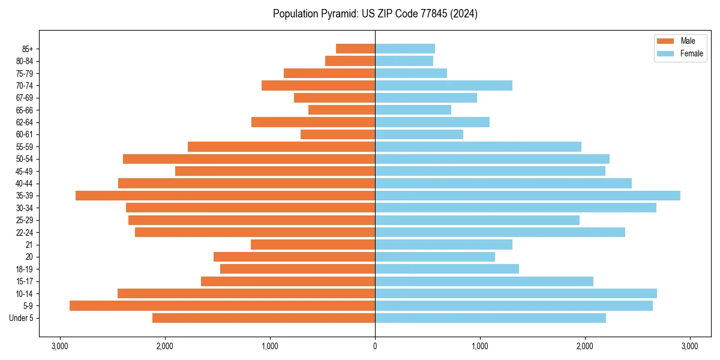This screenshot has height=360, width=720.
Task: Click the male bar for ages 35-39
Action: click(x=225, y=196)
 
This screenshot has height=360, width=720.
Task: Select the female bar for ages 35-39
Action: click(x=527, y=196)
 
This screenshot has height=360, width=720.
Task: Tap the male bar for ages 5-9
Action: click(x=222, y=305)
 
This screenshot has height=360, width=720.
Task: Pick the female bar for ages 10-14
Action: click(x=515, y=293)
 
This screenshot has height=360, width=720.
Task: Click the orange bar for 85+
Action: click(x=355, y=49)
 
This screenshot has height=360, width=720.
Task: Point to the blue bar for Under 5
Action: click(x=490, y=318)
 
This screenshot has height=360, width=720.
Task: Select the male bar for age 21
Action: click(x=313, y=244)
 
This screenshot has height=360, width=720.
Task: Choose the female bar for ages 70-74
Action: click(x=443, y=85)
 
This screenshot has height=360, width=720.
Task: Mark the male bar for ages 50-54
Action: click(x=249, y=159)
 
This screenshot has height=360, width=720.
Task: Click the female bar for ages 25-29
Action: click(x=477, y=220)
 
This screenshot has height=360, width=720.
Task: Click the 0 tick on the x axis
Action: click(x=375, y=346)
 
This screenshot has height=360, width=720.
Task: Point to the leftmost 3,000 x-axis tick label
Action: click(x=60, y=346)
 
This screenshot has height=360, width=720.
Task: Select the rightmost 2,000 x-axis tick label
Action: click(x=584, y=346)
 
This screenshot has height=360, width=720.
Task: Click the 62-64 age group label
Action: click(x=25, y=122)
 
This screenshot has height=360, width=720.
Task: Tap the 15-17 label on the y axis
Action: click(x=25, y=281)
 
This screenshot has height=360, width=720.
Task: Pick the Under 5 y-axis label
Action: click(x=22, y=318)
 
